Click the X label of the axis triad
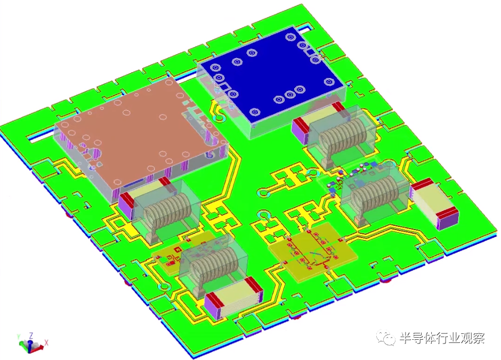click(x=46, y=342)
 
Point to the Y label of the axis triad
click(x=19, y=337)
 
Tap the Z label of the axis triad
click(x=31, y=336)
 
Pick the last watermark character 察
click(x=478, y=338)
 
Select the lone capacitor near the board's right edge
click(x=434, y=204)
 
